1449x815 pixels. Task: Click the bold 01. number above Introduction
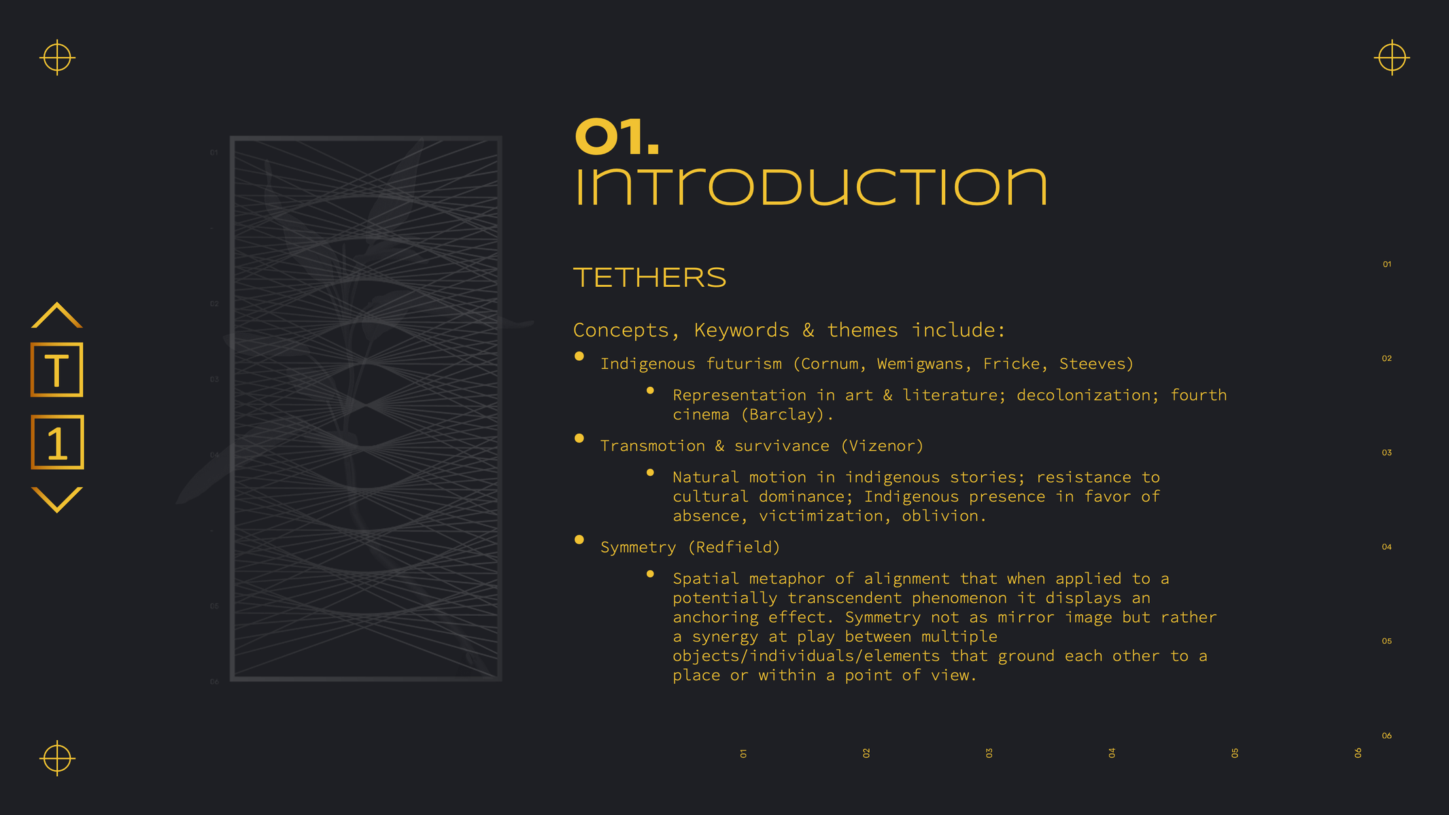coord(617,137)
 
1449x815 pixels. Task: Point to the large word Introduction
coord(811,187)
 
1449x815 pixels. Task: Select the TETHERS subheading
coord(650,277)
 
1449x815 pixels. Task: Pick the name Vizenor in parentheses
coord(882,446)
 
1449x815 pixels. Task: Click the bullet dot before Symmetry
coord(579,540)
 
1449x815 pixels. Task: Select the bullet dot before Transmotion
coord(579,438)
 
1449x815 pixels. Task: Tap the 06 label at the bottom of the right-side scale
coord(1387,735)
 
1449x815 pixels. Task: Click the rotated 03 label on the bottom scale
coord(989,753)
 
